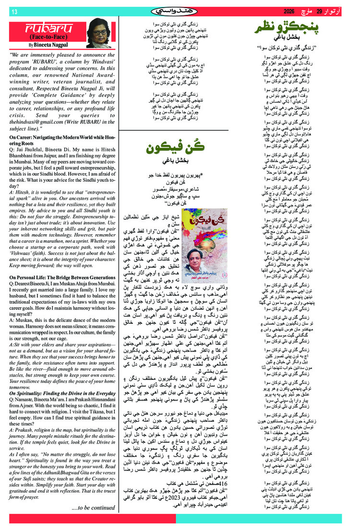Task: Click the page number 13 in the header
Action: [14, 11]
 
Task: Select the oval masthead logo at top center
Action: [180, 11]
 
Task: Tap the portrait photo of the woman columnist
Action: [98, 33]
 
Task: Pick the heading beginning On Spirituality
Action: [61, 394]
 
